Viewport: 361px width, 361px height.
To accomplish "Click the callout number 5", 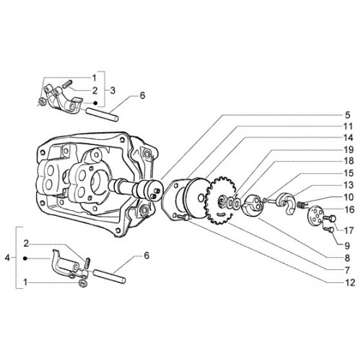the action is pos(347,115).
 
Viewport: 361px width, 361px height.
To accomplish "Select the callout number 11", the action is pos(348,126).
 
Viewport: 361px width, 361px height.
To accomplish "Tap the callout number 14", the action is pos(348,138).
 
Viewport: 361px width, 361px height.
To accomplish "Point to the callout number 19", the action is pos(348,150).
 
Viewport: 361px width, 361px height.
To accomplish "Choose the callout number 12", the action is pos(349,282).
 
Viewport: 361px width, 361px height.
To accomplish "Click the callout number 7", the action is pos(347,271).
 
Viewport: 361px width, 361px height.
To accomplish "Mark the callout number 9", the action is pos(347,246).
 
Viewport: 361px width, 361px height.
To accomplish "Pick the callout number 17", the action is pos(349,231).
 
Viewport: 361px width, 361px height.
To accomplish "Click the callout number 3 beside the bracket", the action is pos(113,91).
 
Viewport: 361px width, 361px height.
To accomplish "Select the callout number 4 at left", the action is pos(8,258).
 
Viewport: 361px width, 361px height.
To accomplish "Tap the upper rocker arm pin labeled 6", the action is pos(103,114).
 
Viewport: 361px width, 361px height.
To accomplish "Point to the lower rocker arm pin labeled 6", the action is pos(109,276).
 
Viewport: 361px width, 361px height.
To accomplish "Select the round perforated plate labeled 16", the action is pos(315,215).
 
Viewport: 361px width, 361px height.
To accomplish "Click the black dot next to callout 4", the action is pos(25,258).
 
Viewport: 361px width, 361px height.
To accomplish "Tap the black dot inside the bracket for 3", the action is pos(95,103).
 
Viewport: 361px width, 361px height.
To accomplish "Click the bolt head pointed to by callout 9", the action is pos(331,230).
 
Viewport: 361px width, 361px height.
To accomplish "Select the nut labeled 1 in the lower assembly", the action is pos(83,284).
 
